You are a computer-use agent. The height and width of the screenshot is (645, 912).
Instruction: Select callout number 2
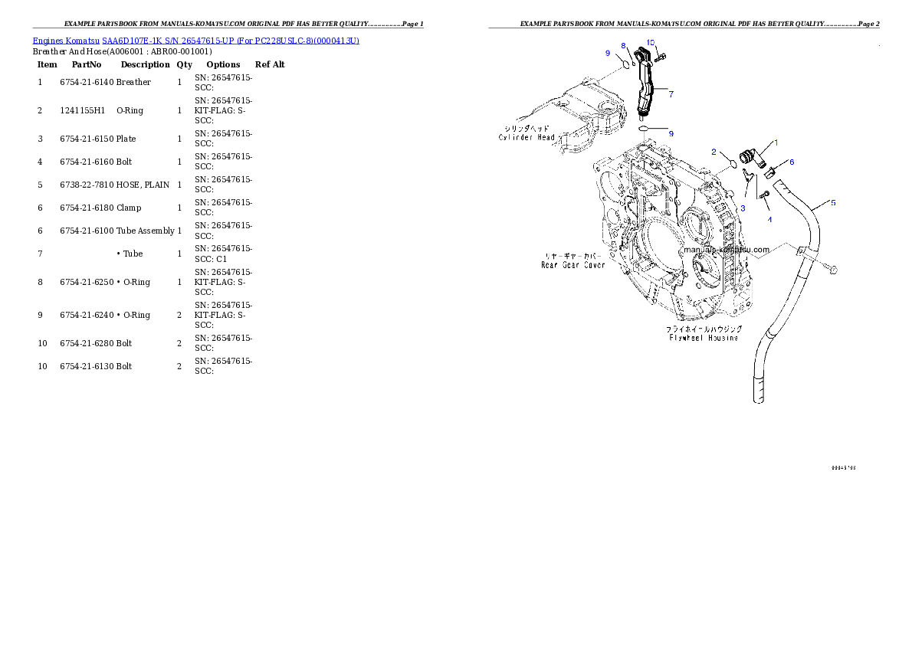(x=714, y=152)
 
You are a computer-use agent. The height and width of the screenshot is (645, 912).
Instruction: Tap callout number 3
(x=742, y=208)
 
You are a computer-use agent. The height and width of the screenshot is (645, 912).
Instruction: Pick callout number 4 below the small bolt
(x=769, y=219)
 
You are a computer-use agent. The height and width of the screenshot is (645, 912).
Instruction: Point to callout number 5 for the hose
(x=833, y=203)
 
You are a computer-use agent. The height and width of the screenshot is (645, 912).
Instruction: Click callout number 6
(x=792, y=162)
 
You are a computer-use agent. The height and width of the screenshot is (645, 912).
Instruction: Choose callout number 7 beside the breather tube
(x=671, y=94)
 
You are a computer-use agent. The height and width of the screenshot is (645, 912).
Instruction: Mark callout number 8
(x=623, y=46)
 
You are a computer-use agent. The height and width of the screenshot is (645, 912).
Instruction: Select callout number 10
(x=651, y=41)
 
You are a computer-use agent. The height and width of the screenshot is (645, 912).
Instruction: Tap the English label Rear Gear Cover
(x=572, y=265)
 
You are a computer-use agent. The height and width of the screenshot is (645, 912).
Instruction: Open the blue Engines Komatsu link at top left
(x=195, y=40)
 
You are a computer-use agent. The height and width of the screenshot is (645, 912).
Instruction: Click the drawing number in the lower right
(x=843, y=467)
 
